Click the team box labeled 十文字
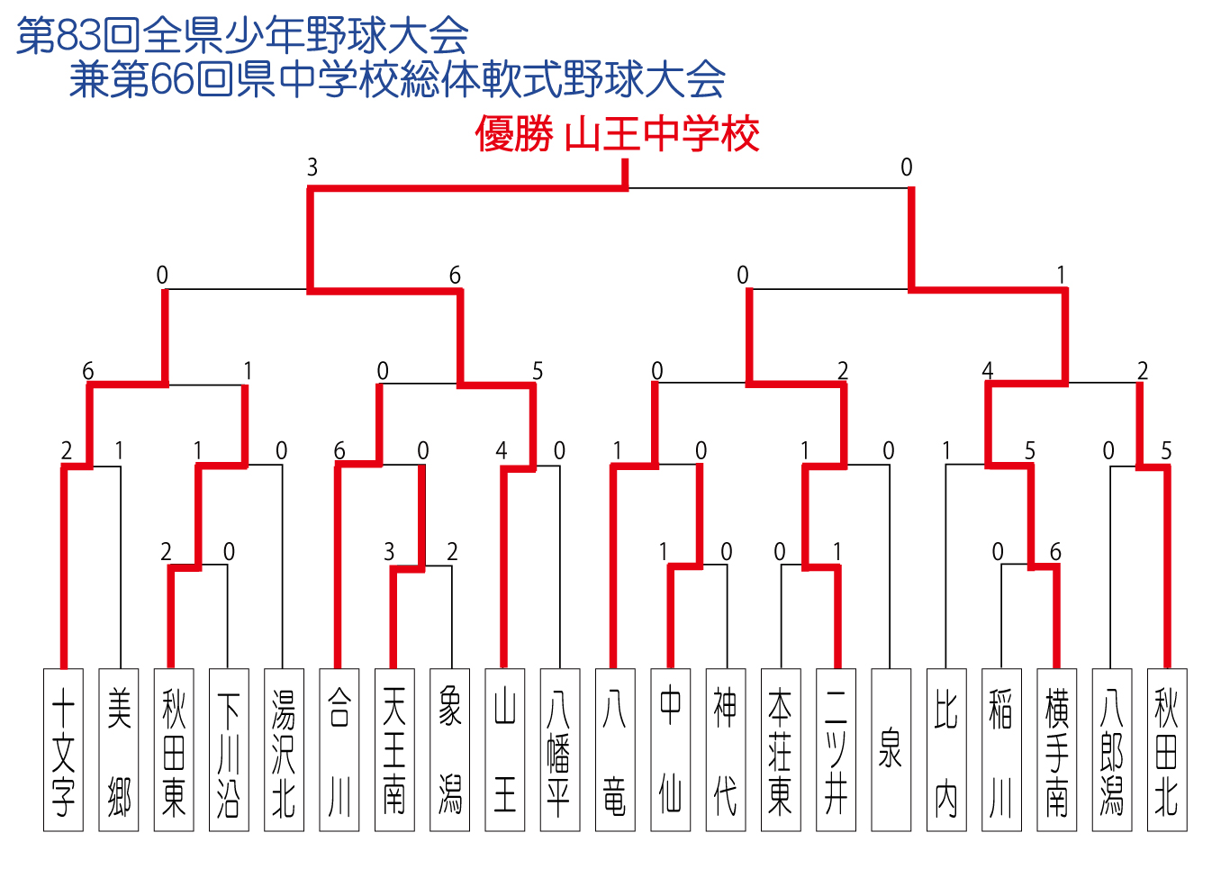[x=63, y=750]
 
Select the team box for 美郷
[x=119, y=750]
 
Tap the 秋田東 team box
[x=174, y=750]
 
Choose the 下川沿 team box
[x=229, y=750]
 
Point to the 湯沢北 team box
[x=284, y=750]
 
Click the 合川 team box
[x=339, y=750]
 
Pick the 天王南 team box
[x=394, y=750]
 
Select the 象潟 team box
[x=449, y=750]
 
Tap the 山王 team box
[x=504, y=750]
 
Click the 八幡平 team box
[x=560, y=750]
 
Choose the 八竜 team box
[x=615, y=750]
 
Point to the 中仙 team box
[x=671, y=750]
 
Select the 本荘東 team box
[x=781, y=750]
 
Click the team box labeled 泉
[x=891, y=750]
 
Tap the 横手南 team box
[x=1056, y=750]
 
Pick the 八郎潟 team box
[x=1112, y=750]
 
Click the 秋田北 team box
[x=1167, y=750]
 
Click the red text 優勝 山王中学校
[x=617, y=133]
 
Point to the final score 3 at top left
[x=312, y=167]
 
